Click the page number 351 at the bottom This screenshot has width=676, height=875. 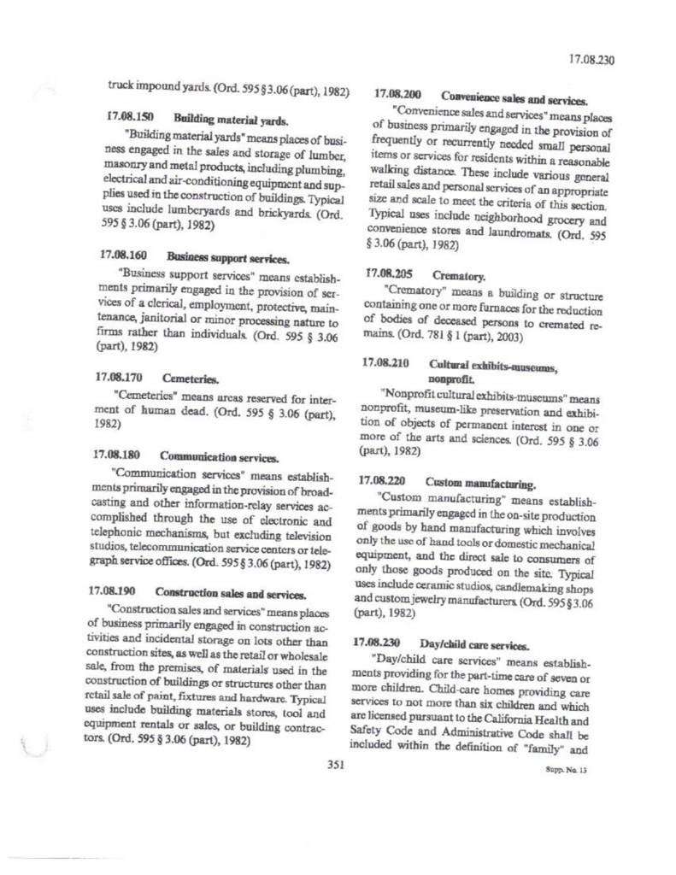(335, 765)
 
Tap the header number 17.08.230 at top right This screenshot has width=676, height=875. (591, 60)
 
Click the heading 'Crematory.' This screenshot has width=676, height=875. (459, 277)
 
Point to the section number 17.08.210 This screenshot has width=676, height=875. (386, 363)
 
